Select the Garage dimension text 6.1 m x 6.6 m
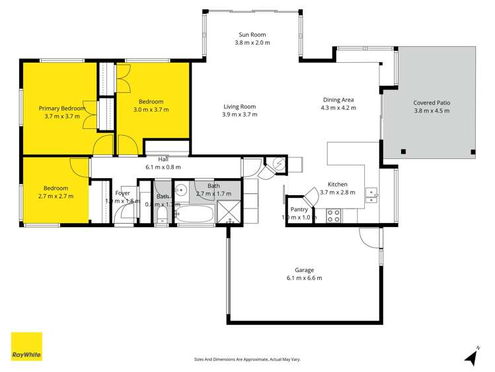point(304,278)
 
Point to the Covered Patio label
point(432,103)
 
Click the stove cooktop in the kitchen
point(334,214)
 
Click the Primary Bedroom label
point(61,108)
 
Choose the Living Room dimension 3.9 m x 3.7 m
point(239,115)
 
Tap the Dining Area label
point(338,99)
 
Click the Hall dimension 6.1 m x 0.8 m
point(163,167)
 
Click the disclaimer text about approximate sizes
point(247,359)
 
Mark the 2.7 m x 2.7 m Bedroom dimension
point(56,196)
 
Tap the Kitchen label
point(338,185)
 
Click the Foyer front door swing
point(124,212)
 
